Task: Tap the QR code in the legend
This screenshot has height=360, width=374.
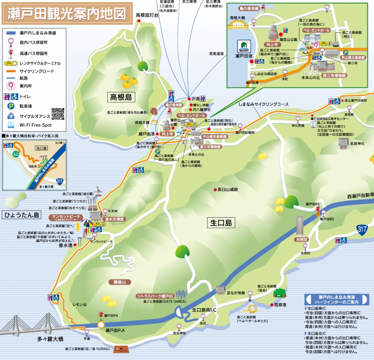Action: (58, 114)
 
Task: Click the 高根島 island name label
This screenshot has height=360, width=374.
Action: (121, 97)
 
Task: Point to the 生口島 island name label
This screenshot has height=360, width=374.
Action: (221, 222)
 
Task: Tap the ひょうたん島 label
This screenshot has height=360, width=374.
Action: (22, 215)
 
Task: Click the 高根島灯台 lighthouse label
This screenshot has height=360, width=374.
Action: (147, 15)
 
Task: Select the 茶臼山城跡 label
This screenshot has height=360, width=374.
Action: (228, 190)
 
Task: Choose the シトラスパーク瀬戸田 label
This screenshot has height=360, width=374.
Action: (154, 296)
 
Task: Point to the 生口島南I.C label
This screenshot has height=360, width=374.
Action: (205, 310)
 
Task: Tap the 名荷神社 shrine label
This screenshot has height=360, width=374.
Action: (357, 143)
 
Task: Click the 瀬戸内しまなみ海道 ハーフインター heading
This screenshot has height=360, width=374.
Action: (337, 300)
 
